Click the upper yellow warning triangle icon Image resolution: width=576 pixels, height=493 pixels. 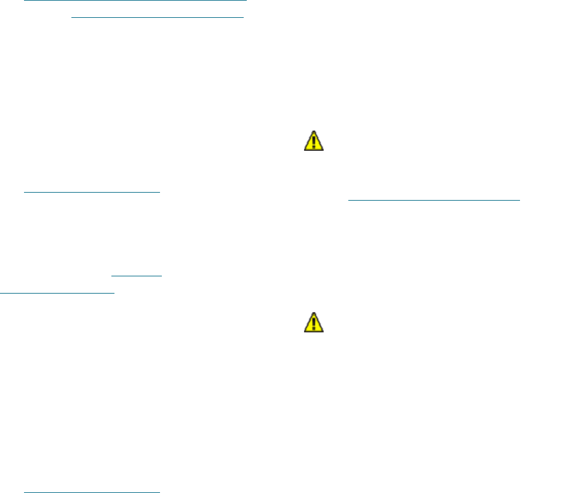click(314, 142)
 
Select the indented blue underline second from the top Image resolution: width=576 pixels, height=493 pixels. click(158, 17)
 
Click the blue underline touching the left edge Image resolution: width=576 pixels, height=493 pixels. click(57, 293)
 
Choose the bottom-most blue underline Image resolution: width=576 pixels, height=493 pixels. click(91, 492)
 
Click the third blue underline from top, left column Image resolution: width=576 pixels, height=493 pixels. click(91, 191)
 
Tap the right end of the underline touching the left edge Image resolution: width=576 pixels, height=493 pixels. click(114, 293)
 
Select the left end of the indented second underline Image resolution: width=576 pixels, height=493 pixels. click(72, 17)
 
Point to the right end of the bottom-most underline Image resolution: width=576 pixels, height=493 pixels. click(159, 492)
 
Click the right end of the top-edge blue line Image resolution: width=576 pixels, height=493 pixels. click(246, 1)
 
